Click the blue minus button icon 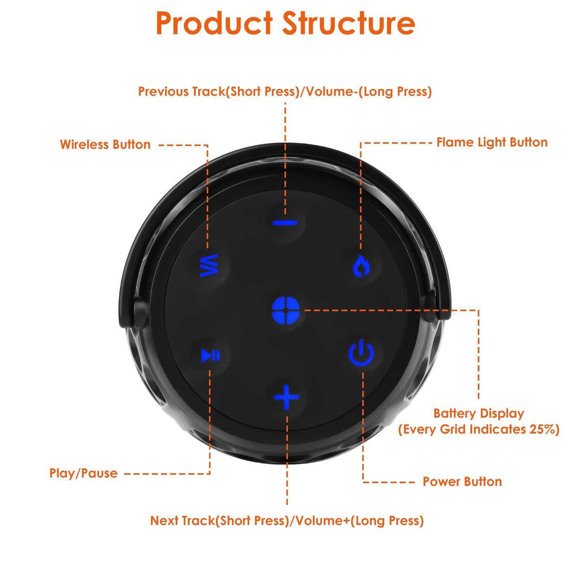tap(285, 223)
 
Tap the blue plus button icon tap(286, 397)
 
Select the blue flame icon tap(361, 266)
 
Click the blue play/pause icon tap(210, 355)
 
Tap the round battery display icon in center tap(286, 310)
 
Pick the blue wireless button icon tap(209, 265)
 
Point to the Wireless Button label tap(105, 144)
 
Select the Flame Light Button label tap(492, 143)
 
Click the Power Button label tap(462, 482)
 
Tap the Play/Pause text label tap(83, 473)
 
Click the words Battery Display tap(478, 413)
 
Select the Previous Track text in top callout tap(181, 91)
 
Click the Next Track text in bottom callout tap(182, 521)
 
